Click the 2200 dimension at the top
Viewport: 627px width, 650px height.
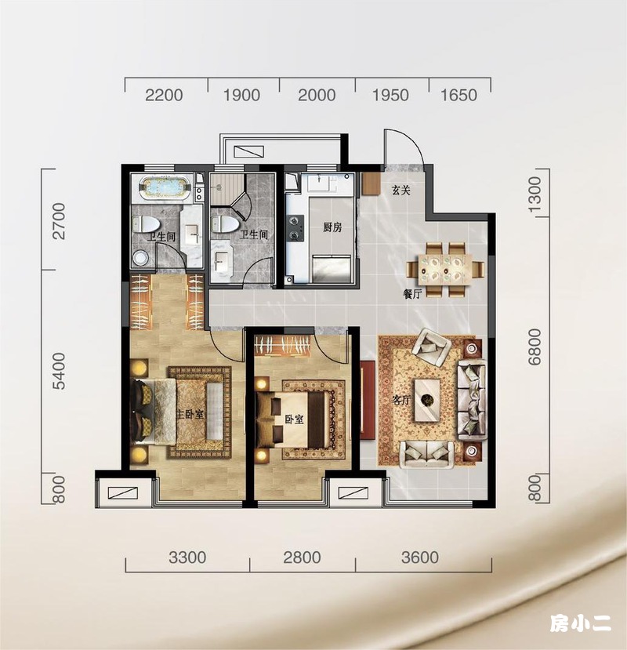164,95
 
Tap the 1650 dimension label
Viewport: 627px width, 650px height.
458,95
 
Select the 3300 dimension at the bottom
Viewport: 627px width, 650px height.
187,557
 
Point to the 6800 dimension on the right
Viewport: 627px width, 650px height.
535,347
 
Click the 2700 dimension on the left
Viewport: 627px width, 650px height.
59,221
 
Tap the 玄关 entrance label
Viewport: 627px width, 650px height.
401,191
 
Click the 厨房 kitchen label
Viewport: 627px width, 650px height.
332,227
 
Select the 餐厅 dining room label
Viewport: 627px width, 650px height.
412,294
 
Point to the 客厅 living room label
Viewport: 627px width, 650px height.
401,400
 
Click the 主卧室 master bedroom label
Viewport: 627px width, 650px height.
190,414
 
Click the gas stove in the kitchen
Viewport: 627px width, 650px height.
295,228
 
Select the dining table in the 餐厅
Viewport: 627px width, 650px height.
445,270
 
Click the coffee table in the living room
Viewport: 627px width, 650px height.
428,400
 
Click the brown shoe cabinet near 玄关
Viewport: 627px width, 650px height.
370,184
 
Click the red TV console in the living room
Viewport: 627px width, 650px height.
368,400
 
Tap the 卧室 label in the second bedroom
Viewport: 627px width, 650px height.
294,419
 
